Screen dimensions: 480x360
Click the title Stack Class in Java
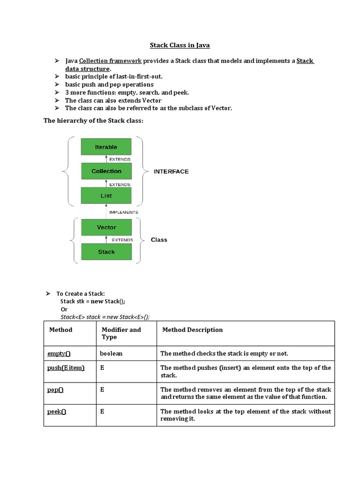click(x=180, y=45)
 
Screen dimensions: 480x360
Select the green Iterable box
click(x=106, y=147)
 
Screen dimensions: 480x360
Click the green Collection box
click(x=106, y=171)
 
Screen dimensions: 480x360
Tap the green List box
click(x=106, y=195)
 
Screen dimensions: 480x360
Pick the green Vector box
click(x=106, y=227)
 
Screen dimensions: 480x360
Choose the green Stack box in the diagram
click(x=106, y=252)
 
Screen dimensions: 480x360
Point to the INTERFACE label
click(x=171, y=172)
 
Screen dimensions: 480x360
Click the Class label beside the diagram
click(x=159, y=240)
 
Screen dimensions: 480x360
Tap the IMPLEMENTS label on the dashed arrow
click(x=123, y=212)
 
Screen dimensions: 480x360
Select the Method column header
click(x=60, y=330)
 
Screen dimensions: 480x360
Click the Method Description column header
click(x=192, y=330)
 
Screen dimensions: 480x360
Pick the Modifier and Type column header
click(x=121, y=333)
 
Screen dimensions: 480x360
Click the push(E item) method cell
click(x=66, y=368)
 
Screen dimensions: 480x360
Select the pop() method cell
click(x=55, y=390)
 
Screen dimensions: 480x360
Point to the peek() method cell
click(x=57, y=412)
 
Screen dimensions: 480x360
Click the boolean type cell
click(x=111, y=353)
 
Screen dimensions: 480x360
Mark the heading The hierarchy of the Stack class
click(x=93, y=120)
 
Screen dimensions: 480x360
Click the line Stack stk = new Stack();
click(x=93, y=301)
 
